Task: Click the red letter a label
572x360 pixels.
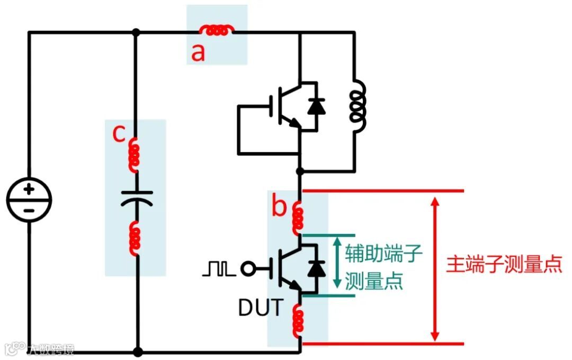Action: click(x=198, y=52)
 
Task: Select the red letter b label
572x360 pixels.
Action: click(x=279, y=207)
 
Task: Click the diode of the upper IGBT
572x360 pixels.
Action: click(x=316, y=106)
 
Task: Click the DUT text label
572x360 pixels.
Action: click(x=261, y=308)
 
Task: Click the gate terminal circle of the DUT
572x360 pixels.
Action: click(x=247, y=269)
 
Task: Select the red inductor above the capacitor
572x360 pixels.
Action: click(x=135, y=155)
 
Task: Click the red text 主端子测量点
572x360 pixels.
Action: click(x=503, y=264)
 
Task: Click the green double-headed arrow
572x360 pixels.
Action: click(x=337, y=264)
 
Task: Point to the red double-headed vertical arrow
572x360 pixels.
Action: click(x=435, y=269)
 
